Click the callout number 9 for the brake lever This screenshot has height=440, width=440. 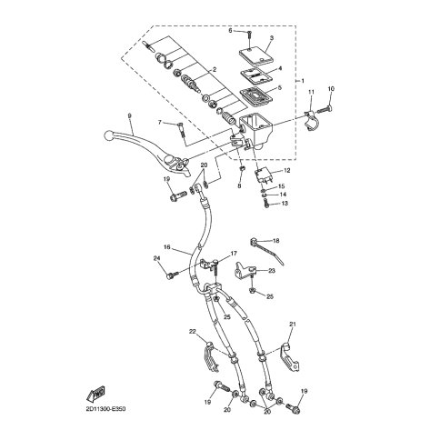point(131,115)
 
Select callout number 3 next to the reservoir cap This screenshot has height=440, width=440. point(271,37)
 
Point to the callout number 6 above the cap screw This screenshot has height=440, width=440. point(230,29)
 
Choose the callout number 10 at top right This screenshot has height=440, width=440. point(331,88)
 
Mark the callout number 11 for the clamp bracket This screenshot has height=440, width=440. point(310,92)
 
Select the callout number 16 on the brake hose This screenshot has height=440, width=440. point(166,247)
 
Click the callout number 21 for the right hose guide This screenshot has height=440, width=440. point(293,324)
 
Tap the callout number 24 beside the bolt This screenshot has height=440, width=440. point(156,259)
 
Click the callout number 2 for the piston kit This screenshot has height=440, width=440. point(214,69)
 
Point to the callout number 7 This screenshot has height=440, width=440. point(160,122)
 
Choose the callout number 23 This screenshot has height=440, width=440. point(272,271)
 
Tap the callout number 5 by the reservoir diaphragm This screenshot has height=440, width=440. point(279,87)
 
